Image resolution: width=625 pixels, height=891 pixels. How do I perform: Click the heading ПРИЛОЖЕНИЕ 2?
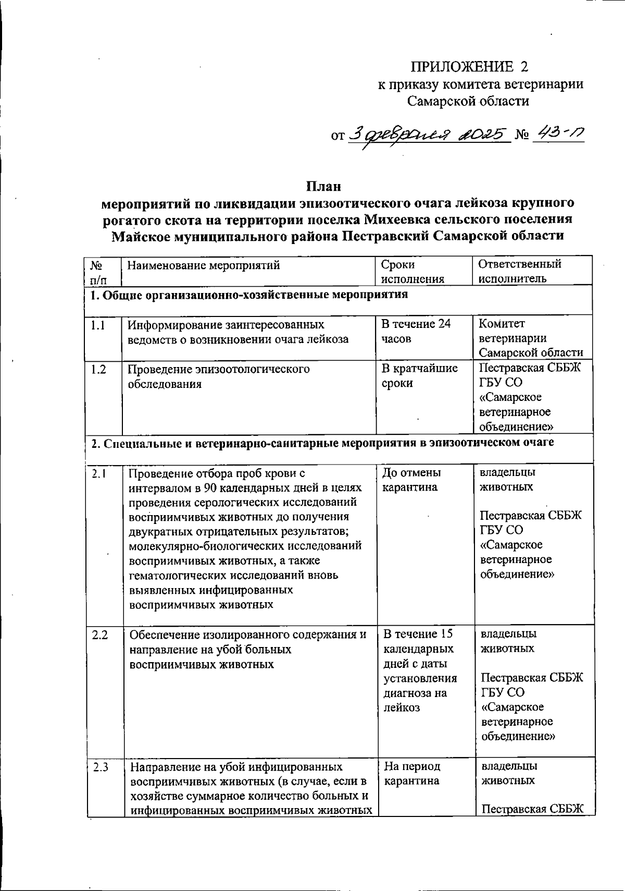(x=470, y=67)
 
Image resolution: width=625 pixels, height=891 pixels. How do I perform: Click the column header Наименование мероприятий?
(x=204, y=266)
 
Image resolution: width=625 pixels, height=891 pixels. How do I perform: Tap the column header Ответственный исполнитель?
(x=519, y=271)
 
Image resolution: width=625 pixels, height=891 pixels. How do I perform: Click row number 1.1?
(x=97, y=326)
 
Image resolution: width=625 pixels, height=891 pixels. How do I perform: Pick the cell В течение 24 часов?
(x=415, y=331)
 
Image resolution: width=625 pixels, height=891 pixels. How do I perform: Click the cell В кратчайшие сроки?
(x=419, y=375)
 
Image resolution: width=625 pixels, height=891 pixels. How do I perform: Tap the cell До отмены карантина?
(x=411, y=480)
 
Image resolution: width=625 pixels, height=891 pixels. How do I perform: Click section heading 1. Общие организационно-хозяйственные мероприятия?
(x=249, y=296)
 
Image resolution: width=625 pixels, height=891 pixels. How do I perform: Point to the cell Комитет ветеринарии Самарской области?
(x=530, y=338)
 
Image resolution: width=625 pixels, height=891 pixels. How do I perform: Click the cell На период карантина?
(x=411, y=773)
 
